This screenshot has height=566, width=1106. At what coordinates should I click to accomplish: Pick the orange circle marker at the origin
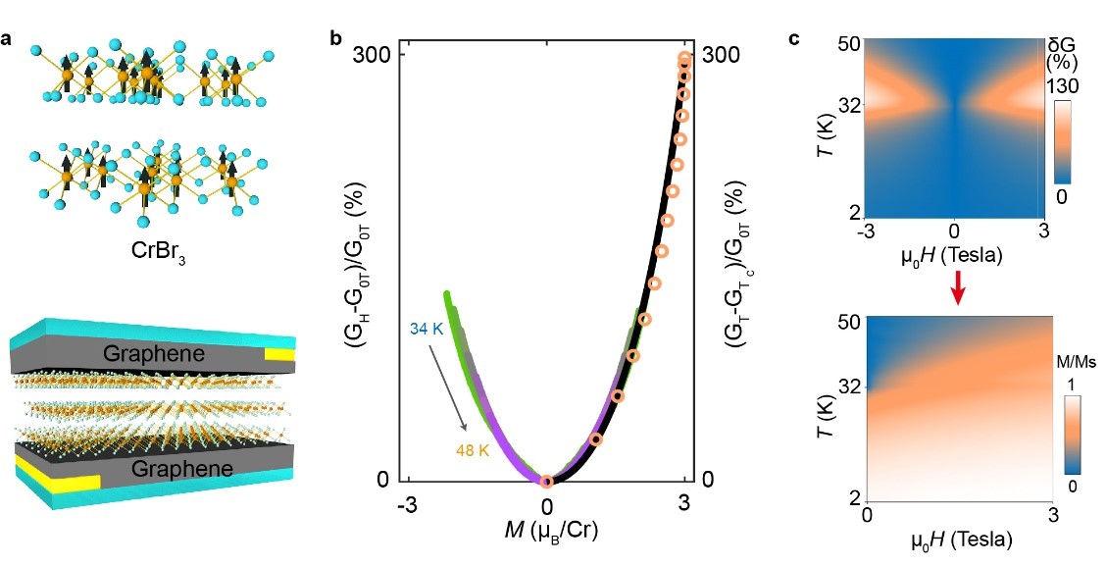click(x=547, y=481)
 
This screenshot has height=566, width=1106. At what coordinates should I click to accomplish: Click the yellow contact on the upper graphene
click(x=279, y=353)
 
